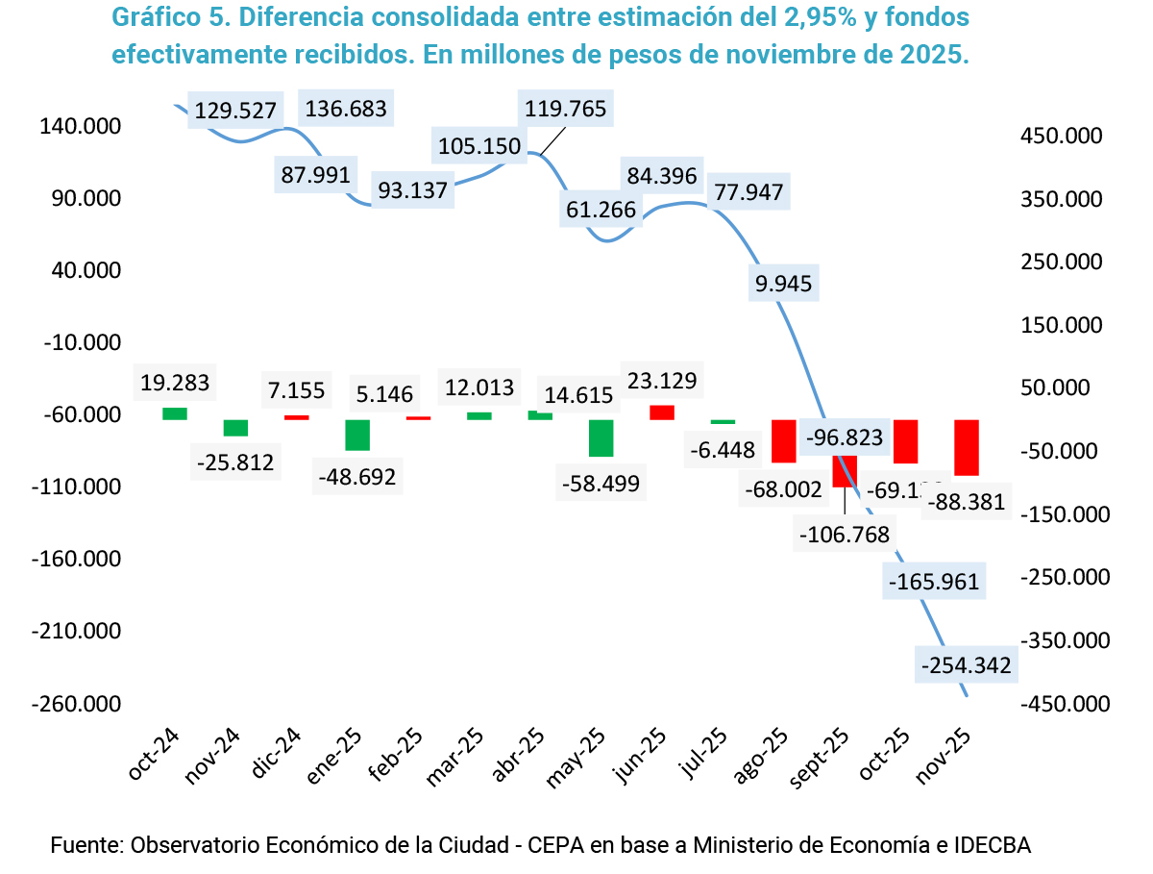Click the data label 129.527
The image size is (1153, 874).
[x=235, y=111]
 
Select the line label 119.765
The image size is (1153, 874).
[x=566, y=109]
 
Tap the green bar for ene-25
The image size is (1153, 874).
[x=357, y=435]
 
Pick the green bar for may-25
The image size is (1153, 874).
[x=601, y=437]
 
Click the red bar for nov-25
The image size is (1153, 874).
[x=966, y=447]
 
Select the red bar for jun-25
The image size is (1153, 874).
[x=662, y=412]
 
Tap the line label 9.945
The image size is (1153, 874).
[x=783, y=283]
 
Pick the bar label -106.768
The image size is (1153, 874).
[x=844, y=533]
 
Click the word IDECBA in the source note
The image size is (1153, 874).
[x=991, y=846]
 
